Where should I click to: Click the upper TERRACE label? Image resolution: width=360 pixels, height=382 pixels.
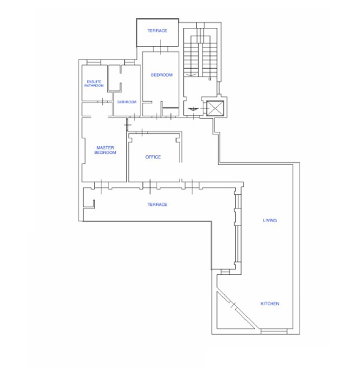tap(157, 31)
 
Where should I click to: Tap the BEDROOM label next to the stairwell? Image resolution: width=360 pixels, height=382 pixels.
tap(162, 75)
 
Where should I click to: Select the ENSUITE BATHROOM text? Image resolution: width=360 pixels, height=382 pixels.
tap(94, 84)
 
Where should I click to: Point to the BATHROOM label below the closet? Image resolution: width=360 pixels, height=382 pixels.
tap(127, 102)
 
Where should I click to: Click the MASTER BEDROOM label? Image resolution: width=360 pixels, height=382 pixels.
tap(105, 150)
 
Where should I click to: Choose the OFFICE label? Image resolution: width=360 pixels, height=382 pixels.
tap(153, 157)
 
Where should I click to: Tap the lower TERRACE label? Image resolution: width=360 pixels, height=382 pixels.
tap(157, 205)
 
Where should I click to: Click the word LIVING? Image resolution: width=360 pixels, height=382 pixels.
tap(270, 220)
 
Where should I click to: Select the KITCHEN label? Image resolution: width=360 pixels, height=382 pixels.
tap(270, 303)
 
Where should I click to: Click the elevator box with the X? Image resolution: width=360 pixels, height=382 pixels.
tap(215, 108)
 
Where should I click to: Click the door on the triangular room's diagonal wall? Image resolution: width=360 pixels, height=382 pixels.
tap(233, 305)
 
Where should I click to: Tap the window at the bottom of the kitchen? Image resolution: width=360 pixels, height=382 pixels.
tap(274, 331)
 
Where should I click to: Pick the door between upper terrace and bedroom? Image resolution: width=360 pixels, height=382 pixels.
tap(161, 49)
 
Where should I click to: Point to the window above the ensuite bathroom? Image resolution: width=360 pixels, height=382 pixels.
tap(94, 62)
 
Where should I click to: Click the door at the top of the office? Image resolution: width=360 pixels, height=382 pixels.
tap(142, 133)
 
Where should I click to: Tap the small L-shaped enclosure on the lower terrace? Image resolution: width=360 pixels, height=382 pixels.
tap(89, 204)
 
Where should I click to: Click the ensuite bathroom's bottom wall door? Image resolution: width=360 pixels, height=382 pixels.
tap(103, 101)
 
